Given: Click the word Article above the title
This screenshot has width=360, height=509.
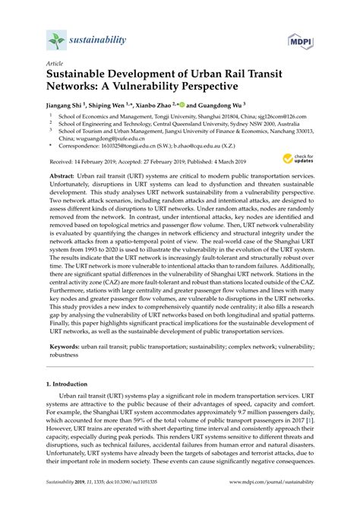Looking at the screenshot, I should click(55, 65).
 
